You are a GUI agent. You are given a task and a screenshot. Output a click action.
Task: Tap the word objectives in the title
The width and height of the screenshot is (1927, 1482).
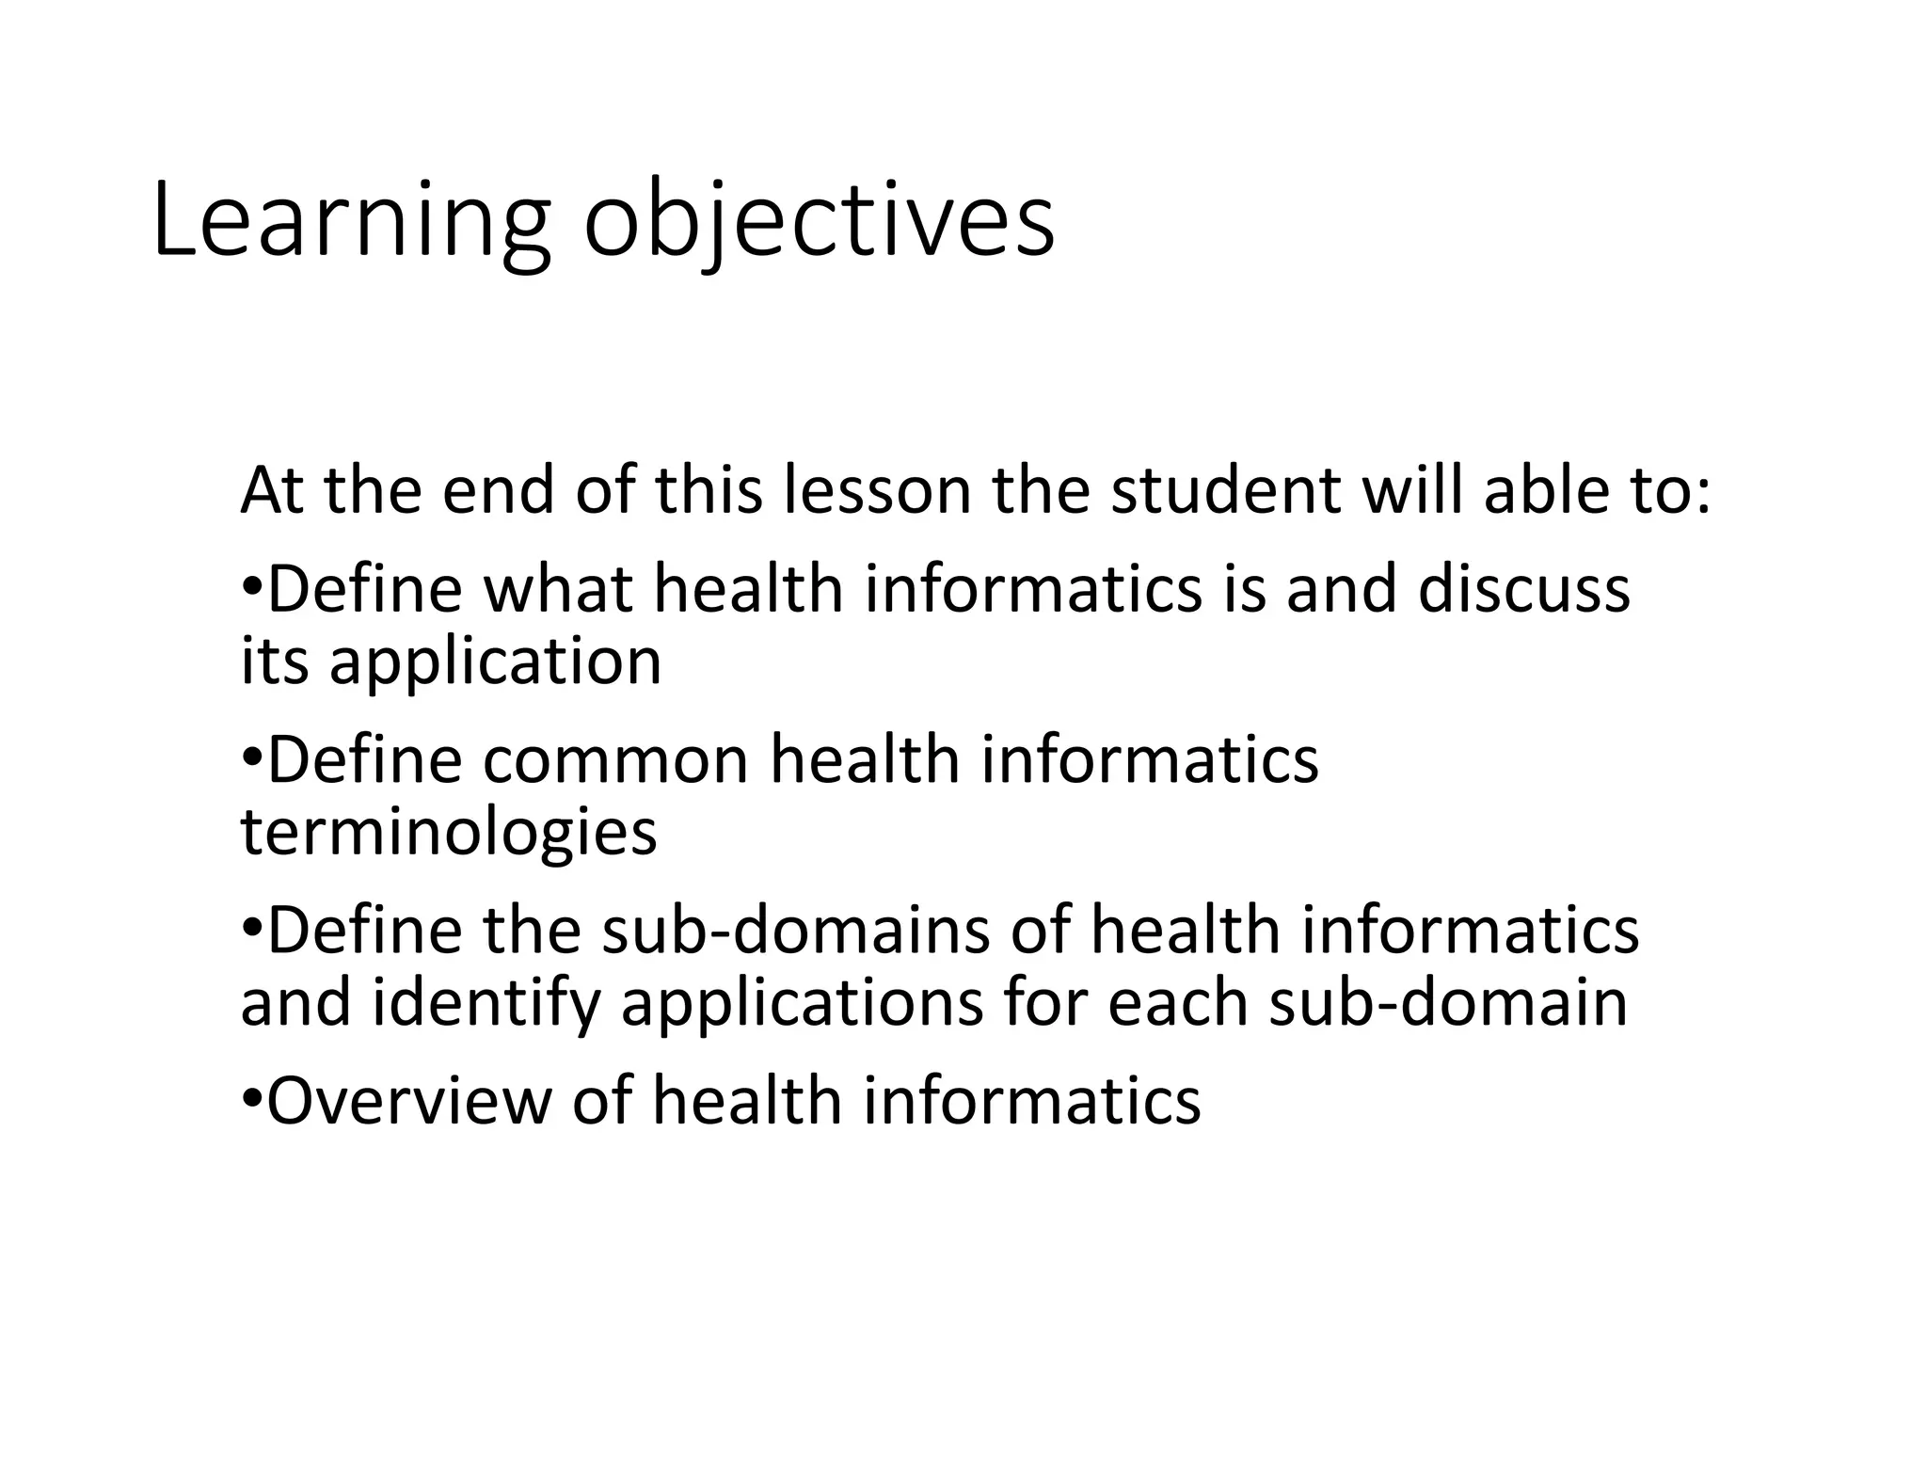coord(819,222)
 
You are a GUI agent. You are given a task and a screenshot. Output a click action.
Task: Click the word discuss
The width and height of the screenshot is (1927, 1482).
coord(1523,589)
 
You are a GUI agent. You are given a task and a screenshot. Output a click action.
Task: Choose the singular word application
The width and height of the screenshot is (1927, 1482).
coord(495,661)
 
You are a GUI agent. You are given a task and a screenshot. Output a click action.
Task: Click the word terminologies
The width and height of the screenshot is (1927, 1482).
coord(449,833)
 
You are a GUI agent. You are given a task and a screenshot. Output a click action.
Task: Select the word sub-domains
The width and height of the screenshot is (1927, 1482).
coord(795,931)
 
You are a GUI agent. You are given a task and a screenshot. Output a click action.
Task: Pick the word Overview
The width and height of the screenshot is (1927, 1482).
coord(408,1101)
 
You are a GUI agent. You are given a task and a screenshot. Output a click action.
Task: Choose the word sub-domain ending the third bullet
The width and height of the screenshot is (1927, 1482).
coord(1448,1003)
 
